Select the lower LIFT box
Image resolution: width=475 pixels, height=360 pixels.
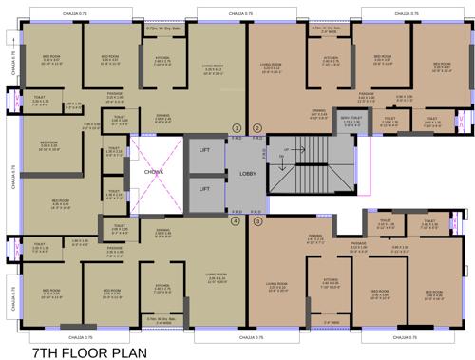[204, 189]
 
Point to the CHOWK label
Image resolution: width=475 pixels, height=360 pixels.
[155, 173]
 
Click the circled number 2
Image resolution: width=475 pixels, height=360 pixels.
[256, 127]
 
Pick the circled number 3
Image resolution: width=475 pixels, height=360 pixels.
[256, 220]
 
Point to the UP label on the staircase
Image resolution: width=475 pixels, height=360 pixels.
[284, 149]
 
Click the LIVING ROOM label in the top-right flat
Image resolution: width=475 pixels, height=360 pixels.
[272, 66]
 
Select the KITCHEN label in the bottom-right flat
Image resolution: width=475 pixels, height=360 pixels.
[331, 281]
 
